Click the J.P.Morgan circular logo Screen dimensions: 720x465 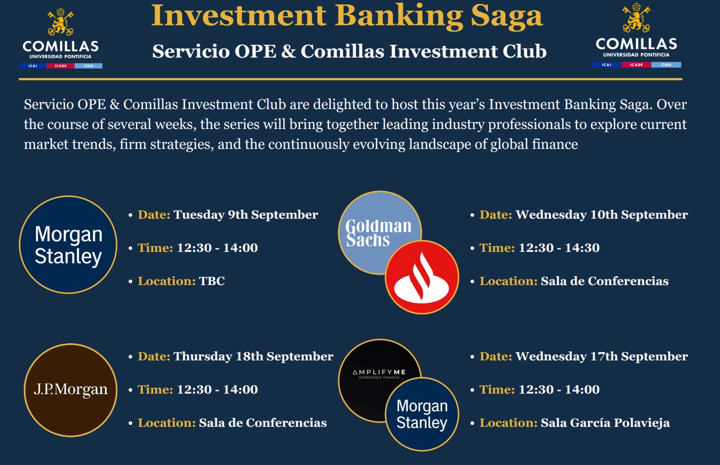tap(70, 390)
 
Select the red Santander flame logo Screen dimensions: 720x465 tap(422, 277)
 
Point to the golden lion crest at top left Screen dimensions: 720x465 tap(60, 22)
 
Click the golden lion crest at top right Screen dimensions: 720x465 tap(636, 18)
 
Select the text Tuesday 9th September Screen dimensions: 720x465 tap(246, 215)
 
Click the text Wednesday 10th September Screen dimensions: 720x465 tap(602, 215)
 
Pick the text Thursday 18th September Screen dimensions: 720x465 tap(253, 356)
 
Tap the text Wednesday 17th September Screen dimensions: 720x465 tap(602, 356)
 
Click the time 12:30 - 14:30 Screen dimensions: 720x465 tap(559, 248)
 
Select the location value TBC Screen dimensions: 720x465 tap(212, 281)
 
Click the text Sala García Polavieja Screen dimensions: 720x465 tap(605, 423)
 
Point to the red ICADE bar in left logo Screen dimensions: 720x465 tap(60, 66)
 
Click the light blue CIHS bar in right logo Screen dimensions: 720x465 tap(666, 65)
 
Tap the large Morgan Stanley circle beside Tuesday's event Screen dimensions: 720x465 tap(68, 245)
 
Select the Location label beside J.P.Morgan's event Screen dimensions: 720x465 tap(167, 423)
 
